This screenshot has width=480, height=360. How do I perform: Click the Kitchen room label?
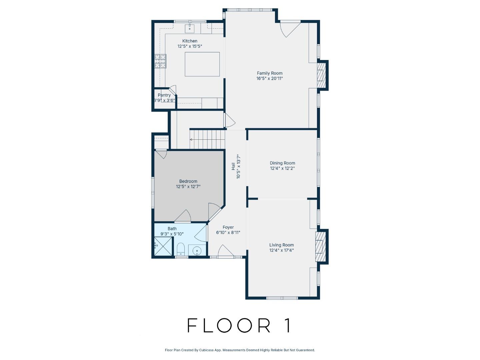point(190,41)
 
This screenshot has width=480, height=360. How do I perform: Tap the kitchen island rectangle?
point(202,64)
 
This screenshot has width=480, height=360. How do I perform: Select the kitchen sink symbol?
point(190,28)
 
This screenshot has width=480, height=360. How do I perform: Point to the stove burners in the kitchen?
point(160,61)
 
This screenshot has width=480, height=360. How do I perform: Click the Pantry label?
point(164,95)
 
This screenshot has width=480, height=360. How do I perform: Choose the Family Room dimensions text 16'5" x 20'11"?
point(269,79)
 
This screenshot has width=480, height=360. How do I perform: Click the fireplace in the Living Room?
point(320,247)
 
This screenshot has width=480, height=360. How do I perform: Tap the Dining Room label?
point(282,163)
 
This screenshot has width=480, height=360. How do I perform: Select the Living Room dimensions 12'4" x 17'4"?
point(282,250)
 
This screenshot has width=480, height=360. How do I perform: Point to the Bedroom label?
point(188,181)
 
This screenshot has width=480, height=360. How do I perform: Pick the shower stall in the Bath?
point(163,246)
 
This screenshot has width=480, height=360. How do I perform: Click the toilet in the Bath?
point(180,249)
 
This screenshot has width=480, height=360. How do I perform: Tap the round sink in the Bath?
point(197,250)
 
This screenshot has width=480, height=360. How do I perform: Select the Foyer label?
point(228,227)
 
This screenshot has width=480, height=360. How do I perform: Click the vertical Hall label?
point(233,167)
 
